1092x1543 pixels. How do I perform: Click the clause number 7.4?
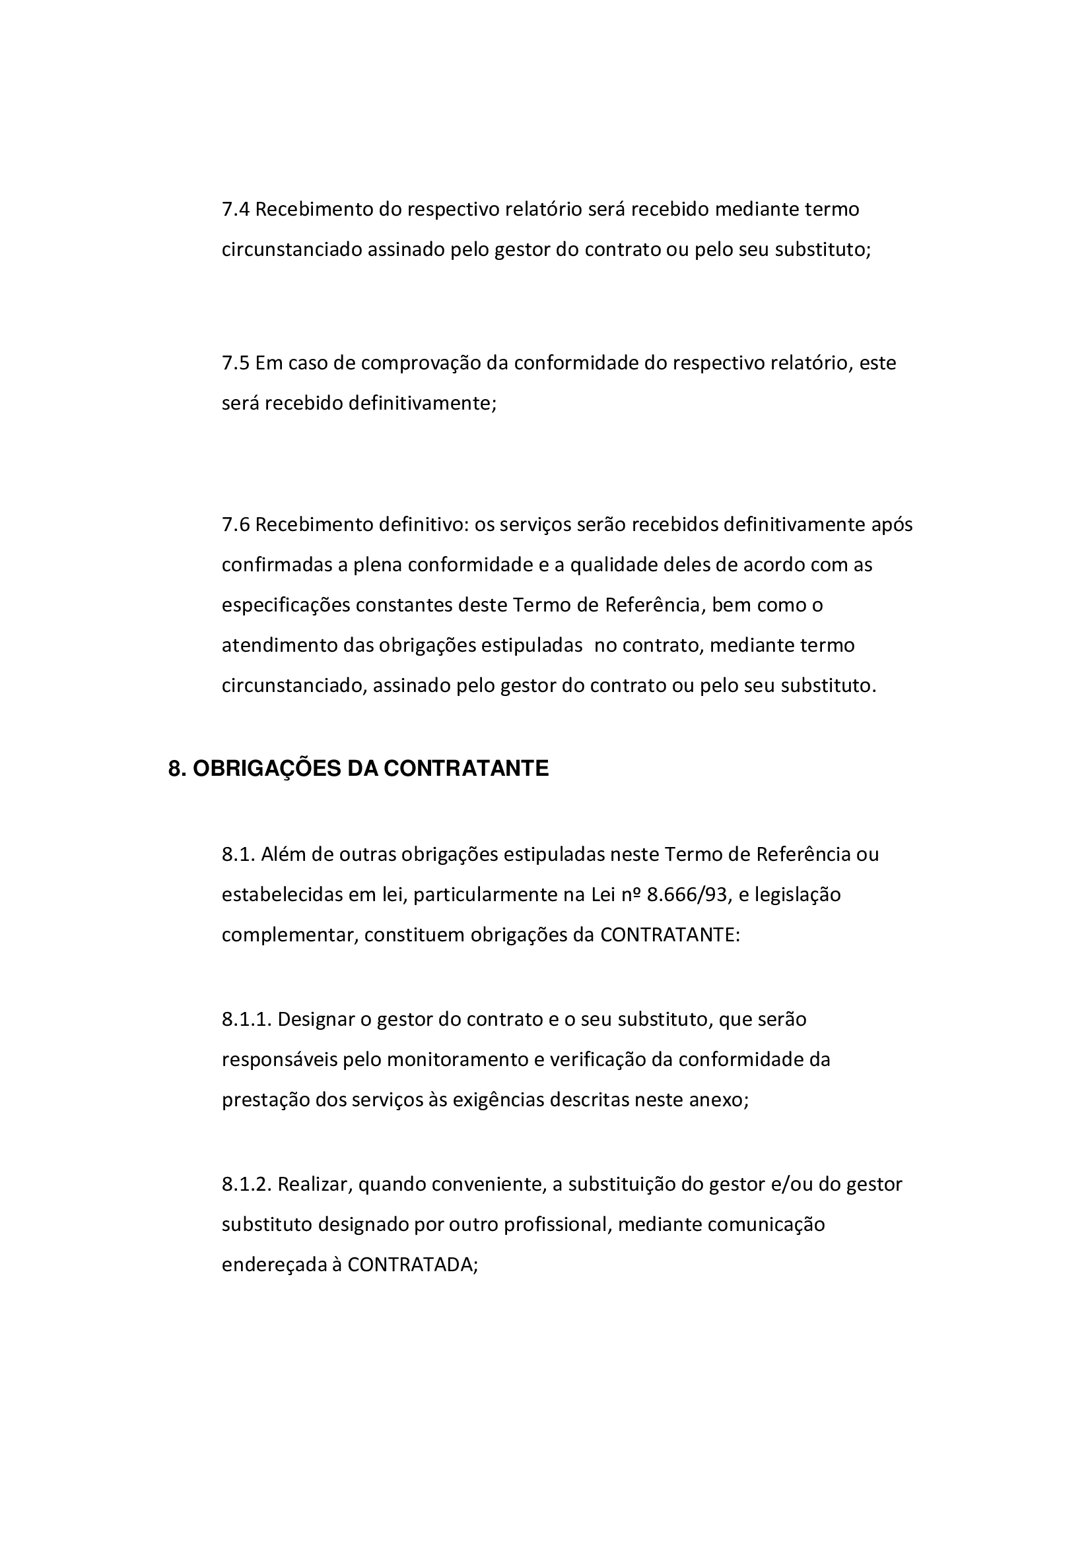(x=235, y=210)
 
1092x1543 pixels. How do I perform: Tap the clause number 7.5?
(x=235, y=363)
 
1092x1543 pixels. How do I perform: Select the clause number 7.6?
(x=235, y=524)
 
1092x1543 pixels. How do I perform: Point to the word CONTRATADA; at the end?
(x=412, y=1265)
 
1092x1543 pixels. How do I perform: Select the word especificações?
(x=286, y=605)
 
